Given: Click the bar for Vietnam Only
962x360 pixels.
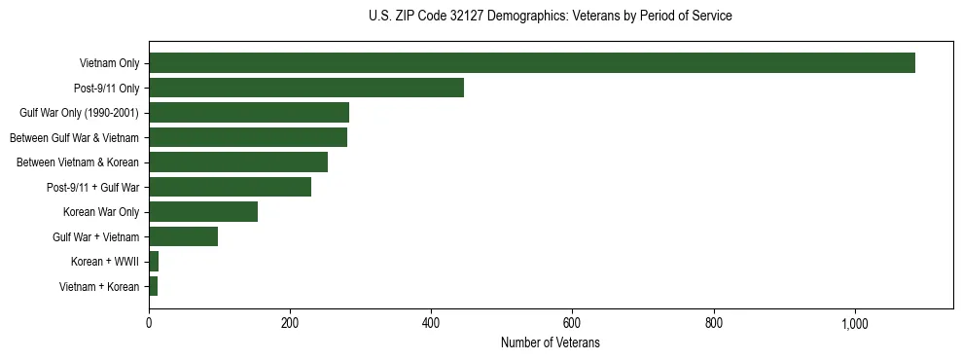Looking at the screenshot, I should pos(532,63).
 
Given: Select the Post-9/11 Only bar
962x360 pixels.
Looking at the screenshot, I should pos(306,88).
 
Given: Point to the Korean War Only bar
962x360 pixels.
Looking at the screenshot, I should pos(203,212).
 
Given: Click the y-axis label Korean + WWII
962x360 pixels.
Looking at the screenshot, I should pos(105,262).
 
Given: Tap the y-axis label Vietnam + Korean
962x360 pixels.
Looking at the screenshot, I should pos(99,286).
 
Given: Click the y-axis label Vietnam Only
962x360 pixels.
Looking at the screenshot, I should pos(109,63).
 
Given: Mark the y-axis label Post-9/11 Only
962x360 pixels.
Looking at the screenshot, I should pos(106,89).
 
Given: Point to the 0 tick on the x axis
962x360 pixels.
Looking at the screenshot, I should pos(149,323).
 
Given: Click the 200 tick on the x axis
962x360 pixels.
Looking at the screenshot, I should pos(290,323).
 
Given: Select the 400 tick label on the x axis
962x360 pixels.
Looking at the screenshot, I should pos(431,323).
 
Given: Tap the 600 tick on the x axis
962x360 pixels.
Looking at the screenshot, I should pos(572,323).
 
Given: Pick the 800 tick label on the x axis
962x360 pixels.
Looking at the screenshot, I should pos(714,323).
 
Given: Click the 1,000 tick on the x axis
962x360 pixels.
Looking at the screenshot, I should pos(855,323).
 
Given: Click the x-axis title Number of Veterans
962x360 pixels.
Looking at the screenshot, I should pos(551,343).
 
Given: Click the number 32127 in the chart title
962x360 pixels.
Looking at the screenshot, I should pos(462,17).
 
